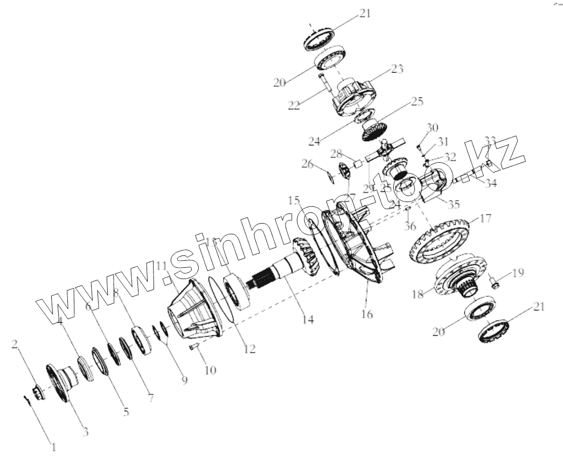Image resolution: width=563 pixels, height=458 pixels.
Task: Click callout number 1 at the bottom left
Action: click(x=53, y=446)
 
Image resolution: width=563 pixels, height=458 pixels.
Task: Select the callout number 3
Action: click(x=85, y=432)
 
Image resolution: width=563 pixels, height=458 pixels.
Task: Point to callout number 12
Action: click(x=249, y=349)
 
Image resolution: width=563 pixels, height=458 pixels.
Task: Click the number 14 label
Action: click(x=308, y=320)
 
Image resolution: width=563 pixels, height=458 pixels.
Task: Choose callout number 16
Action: click(x=367, y=314)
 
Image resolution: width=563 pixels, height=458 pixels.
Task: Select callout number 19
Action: click(x=517, y=273)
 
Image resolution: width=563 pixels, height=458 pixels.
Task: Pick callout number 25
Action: click(x=417, y=101)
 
